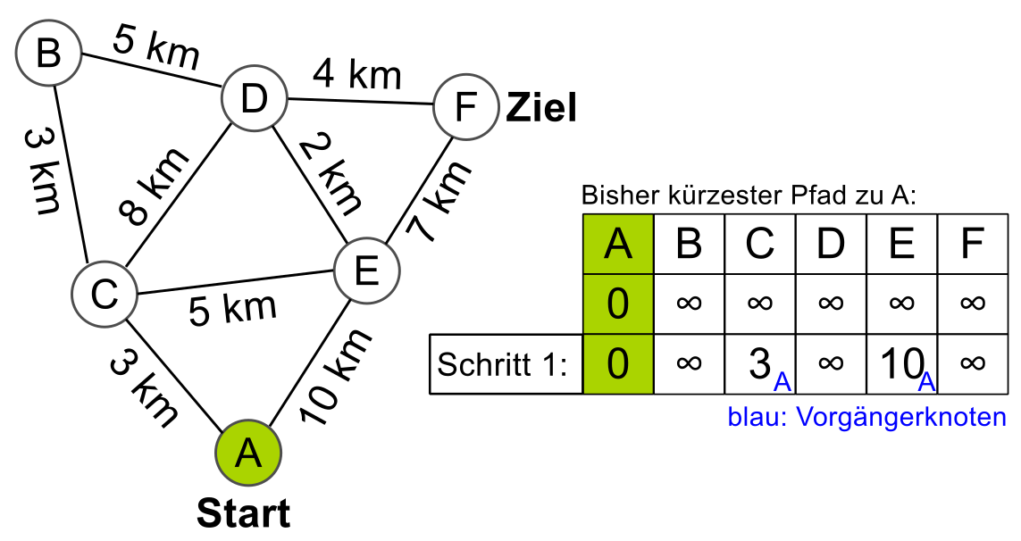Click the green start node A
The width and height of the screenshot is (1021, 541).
point(247,453)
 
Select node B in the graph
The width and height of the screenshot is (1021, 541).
point(48,54)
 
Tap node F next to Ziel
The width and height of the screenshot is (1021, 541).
point(465,108)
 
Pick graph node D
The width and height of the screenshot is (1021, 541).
point(254,99)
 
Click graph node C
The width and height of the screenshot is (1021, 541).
point(105,294)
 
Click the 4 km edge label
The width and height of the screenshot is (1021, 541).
point(357,75)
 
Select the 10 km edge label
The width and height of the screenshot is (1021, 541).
point(336,377)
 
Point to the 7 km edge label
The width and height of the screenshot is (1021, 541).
point(438,204)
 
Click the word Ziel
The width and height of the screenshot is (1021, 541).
point(541,108)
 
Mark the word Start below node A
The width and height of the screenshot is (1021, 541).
point(243,514)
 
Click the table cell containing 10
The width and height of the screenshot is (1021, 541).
point(902,365)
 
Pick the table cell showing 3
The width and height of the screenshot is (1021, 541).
point(759,365)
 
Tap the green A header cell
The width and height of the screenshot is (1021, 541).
point(617,243)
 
